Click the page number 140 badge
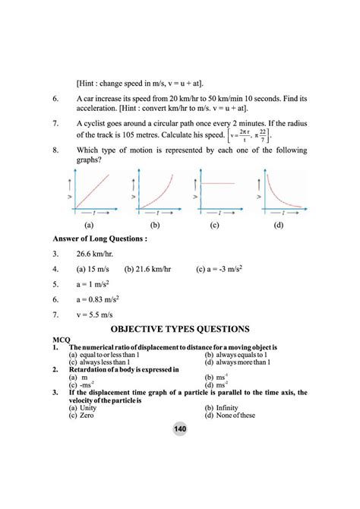pyautogui.click(x=180, y=429)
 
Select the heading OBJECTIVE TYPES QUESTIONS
pyautogui.click(x=180, y=329)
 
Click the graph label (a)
pyautogui.click(x=89, y=225)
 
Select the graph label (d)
pyautogui.click(x=279, y=225)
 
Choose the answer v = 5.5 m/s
pyautogui.click(x=99, y=313)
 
